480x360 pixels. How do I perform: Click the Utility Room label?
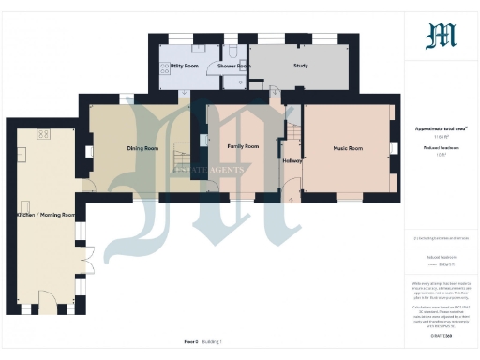184,67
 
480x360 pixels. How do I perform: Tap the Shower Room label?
233,67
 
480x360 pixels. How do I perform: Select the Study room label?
301,67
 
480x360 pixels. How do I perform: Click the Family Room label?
244,146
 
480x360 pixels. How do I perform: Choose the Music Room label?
348,148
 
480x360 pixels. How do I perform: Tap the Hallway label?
292,160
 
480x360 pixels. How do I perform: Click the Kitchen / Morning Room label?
44,215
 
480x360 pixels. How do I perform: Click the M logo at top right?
441,36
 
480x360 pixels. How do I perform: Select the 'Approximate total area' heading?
441,129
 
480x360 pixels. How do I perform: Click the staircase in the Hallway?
292,141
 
